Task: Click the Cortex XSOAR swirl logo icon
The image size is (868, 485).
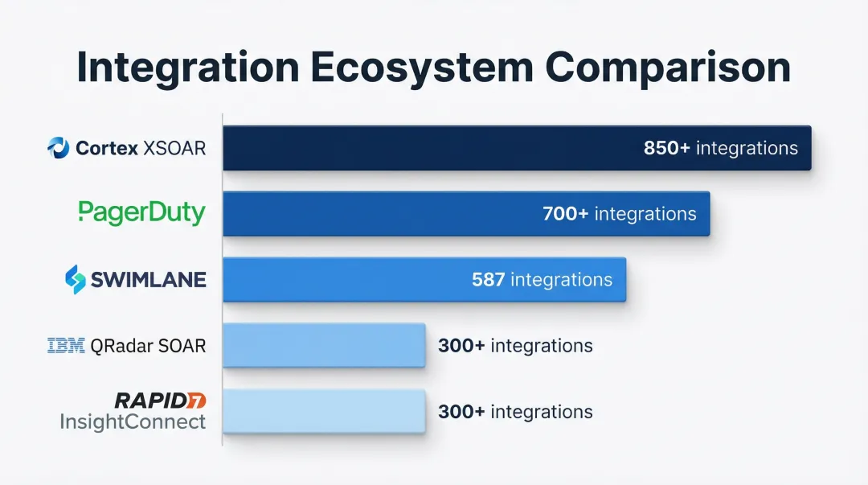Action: pyautogui.click(x=58, y=148)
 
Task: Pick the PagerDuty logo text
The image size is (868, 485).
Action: pyautogui.click(x=141, y=213)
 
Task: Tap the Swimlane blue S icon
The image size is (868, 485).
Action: pyautogui.click(x=76, y=279)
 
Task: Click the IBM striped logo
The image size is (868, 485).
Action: pyautogui.click(x=66, y=345)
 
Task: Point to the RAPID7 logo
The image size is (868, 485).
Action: pyautogui.click(x=161, y=401)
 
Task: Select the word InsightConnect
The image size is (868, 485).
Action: pyautogui.click(x=133, y=421)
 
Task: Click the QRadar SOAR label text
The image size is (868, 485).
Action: pyautogui.click(x=148, y=346)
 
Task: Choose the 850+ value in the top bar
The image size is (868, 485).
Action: pyautogui.click(x=666, y=148)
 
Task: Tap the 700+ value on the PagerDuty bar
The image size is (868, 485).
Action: pyautogui.click(x=565, y=214)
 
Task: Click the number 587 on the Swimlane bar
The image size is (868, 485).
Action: pyautogui.click(x=489, y=280)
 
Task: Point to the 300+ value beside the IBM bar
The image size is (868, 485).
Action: pyautogui.click(x=461, y=346)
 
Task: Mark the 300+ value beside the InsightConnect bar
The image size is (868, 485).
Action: pyautogui.click(x=461, y=412)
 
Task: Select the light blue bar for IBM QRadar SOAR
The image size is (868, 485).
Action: pyautogui.click(x=325, y=345)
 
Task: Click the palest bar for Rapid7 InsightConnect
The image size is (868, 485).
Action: pyautogui.click(x=325, y=411)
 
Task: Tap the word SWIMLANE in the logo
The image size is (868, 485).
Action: pyautogui.click(x=149, y=280)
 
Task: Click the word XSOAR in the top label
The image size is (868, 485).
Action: pyautogui.click(x=174, y=148)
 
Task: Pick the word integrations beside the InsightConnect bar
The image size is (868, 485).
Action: pyautogui.click(x=542, y=412)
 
